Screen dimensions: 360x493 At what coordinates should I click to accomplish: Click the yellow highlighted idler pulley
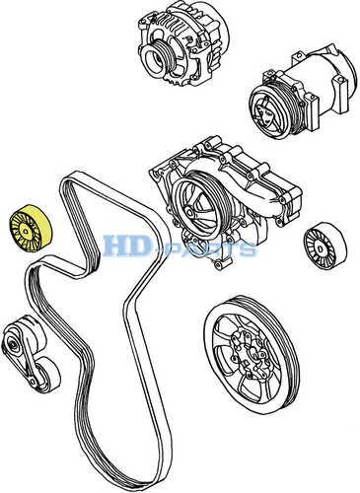(31, 229)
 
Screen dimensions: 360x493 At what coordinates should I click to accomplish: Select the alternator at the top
(183, 45)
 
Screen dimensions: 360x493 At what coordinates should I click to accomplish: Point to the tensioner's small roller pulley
(48, 374)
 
